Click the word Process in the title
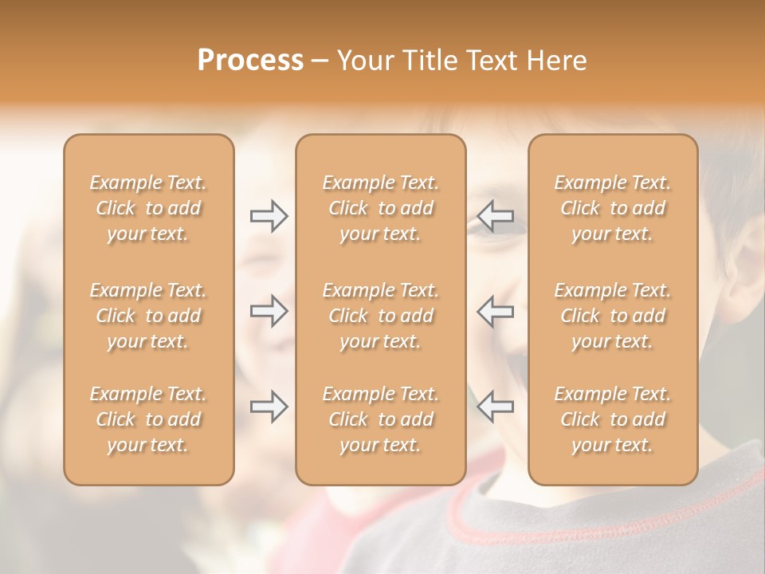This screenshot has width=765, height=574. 250,61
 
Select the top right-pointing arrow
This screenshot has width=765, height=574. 269,216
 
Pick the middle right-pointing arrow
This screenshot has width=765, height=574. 269,312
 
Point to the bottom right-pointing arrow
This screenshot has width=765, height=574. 269,407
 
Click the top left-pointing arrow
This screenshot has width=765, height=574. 496,216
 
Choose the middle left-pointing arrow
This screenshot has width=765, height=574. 496,312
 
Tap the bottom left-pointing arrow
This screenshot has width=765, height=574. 496,407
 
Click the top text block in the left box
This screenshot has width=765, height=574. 148,208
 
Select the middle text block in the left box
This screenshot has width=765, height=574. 148,316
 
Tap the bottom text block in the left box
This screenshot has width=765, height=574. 148,419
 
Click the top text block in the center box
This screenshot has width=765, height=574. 380,208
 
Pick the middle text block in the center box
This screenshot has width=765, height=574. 380,316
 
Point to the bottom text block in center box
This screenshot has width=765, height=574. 380,419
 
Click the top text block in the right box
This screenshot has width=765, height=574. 612,208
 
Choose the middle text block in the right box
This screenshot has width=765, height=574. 612,316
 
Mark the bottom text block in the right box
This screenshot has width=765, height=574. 612,419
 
